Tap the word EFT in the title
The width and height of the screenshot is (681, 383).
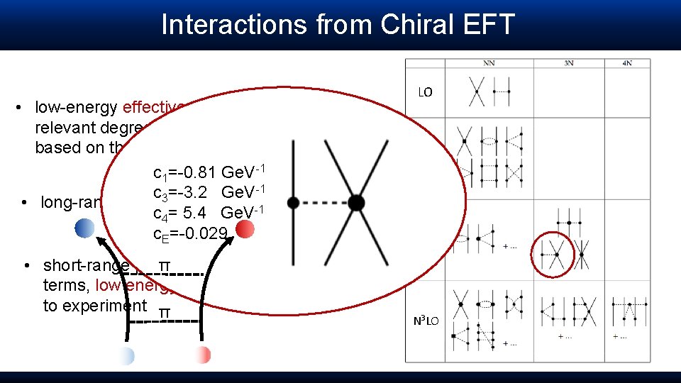[x=489, y=24]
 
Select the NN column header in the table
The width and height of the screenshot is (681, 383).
[x=489, y=63]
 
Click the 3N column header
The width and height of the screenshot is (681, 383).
[x=568, y=63]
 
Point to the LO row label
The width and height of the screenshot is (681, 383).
[x=425, y=92]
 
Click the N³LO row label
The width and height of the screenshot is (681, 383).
[x=426, y=321]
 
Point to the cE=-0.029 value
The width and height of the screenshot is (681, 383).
[x=190, y=233]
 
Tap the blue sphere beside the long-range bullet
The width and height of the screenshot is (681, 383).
[x=84, y=228]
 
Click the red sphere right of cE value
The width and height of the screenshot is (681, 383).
[x=245, y=228]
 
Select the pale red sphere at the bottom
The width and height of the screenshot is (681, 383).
[x=202, y=355]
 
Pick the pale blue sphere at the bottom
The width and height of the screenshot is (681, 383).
[x=126, y=355]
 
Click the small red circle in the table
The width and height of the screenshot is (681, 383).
[x=557, y=254]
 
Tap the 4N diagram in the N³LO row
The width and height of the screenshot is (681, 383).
[x=629, y=311]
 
